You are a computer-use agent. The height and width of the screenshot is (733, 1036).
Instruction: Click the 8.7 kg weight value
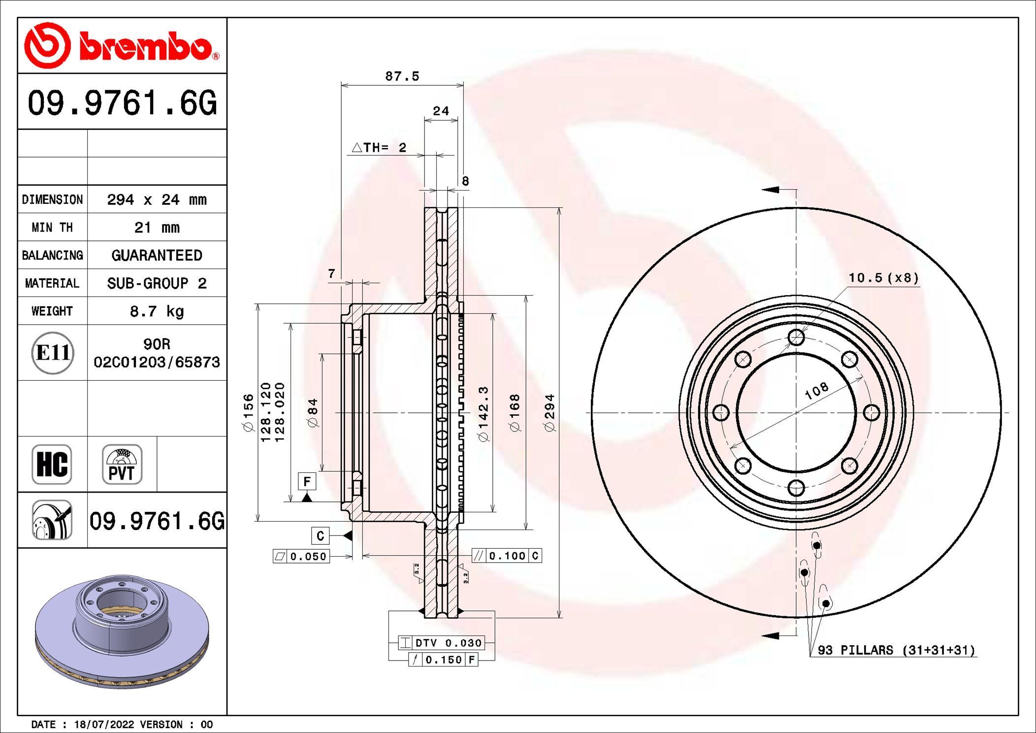157,311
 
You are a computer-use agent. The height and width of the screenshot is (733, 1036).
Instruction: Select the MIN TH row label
52,228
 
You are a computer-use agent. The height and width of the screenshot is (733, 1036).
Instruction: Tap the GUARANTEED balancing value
157,255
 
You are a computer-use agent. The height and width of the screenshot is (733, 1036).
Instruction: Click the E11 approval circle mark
53,353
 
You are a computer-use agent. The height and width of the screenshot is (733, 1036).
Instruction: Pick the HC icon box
52,465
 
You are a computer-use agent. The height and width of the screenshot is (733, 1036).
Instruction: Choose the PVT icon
122,465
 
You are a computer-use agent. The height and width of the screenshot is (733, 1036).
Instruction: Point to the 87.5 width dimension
402,76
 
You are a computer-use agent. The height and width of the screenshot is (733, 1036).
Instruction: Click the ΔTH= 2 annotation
379,147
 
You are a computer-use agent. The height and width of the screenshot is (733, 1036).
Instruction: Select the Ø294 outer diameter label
550,413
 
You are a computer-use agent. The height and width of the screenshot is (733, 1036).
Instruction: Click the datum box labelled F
307,481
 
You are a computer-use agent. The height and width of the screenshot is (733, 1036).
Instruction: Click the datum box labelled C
320,535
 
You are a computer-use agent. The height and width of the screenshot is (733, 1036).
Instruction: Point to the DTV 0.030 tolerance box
442,643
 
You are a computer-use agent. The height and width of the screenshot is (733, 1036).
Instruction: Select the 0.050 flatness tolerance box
301,557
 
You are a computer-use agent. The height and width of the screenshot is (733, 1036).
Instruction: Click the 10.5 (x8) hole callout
883,278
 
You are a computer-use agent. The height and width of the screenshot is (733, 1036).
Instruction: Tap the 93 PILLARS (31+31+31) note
896,650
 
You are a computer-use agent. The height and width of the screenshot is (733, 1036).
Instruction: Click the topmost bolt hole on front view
796,337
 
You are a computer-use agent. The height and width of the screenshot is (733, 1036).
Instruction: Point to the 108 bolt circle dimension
816,391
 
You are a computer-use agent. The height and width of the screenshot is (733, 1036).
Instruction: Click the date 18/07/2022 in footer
104,725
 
